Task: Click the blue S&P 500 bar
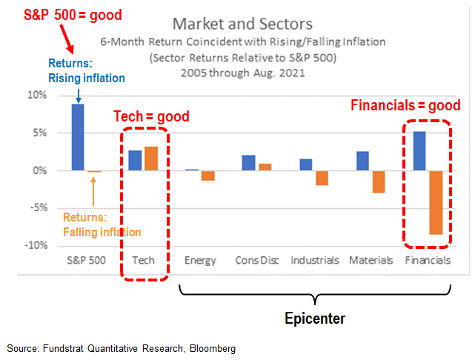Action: pos(78,137)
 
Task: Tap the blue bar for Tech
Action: pos(135,160)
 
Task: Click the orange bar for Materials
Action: pos(379,181)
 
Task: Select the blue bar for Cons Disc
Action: pos(249,163)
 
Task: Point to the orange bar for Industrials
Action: pos(321,178)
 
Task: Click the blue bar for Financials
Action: pos(419,151)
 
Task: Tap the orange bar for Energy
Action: pos(207,176)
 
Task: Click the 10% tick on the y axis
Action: pos(56,96)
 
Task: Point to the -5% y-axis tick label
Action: pos(56,208)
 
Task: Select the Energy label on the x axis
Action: pos(200,261)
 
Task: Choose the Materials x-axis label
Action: pos(370,261)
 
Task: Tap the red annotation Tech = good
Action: pos(151,116)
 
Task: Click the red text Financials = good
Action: pos(405,105)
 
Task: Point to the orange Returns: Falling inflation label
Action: pos(101,224)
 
